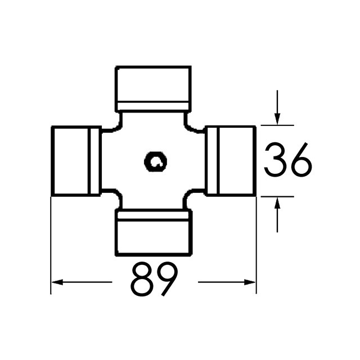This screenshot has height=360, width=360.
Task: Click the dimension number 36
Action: (x=287, y=160)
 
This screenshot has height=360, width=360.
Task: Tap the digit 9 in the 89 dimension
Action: (x=167, y=279)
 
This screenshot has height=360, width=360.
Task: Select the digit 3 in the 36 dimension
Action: (x=274, y=160)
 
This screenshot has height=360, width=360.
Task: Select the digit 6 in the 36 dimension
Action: (x=300, y=160)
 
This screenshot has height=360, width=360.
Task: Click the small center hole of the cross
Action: (x=155, y=162)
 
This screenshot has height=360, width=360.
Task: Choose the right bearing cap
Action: (x=232, y=161)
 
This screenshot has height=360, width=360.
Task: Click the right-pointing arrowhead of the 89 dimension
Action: (x=250, y=281)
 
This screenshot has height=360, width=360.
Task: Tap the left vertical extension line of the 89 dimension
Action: (x=51, y=247)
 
